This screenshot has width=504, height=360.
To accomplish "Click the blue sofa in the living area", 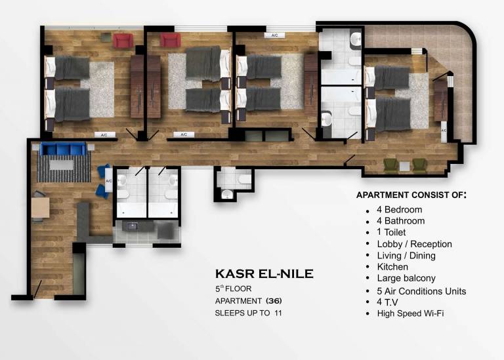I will pyautogui.click(x=64, y=150).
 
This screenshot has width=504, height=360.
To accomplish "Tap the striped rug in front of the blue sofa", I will pyautogui.click(x=64, y=170).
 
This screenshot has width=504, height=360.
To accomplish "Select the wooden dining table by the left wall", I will pyautogui.click(x=40, y=207).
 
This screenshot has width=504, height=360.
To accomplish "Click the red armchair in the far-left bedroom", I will pyautogui.click(x=123, y=41).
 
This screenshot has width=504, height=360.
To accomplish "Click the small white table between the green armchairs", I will pyautogui.click(x=404, y=165).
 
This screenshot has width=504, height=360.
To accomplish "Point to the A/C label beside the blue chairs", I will pyautogui.click(x=109, y=181).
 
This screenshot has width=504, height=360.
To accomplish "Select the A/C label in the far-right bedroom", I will pyautogui.click(x=444, y=130).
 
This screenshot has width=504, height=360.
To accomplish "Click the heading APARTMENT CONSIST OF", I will pyautogui.click(x=411, y=195).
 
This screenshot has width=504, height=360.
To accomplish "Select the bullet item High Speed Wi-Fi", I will pyautogui.click(x=410, y=313).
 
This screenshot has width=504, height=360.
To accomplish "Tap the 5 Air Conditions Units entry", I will pyautogui.click(x=421, y=290).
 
